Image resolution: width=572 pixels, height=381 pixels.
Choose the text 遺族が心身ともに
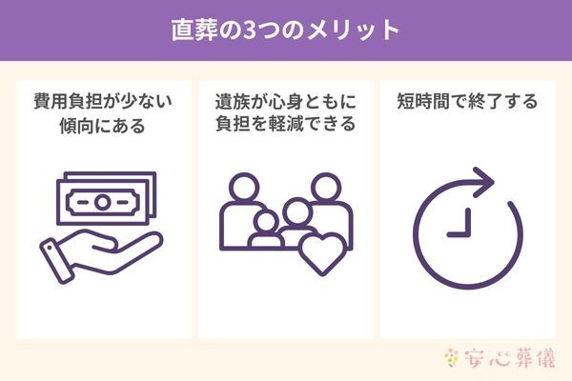[286, 101]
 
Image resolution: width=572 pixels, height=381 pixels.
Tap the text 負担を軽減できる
[286, 125]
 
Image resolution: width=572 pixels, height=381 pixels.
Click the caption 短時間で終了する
[467, 101]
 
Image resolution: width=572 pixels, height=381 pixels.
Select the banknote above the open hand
[106, 201]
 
